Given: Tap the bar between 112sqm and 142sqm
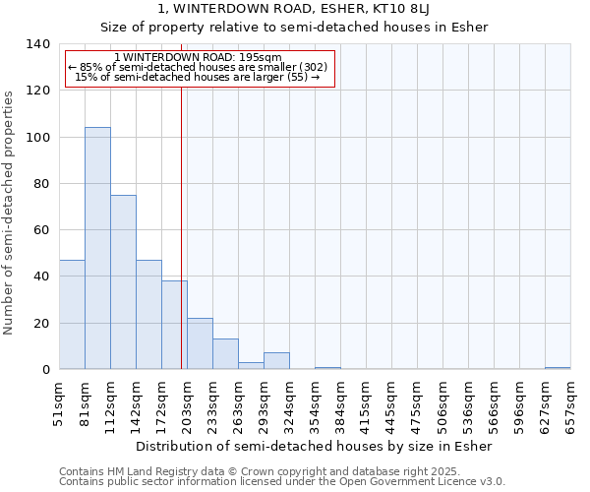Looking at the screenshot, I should tap(123, 282).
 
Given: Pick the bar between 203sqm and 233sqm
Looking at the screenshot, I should tap(200, 343).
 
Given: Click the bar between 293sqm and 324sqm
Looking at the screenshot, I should tap(276, 361).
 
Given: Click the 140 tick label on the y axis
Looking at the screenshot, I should tap(38, 44).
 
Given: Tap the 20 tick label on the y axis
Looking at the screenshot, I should tap(42, 324).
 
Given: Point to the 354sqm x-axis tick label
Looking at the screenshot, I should tap(315, 404).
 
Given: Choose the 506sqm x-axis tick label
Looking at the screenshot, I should tap(442, 404).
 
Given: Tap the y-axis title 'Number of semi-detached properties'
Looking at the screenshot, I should tap(9, 213).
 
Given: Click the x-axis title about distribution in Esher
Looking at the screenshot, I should tap(315, 446).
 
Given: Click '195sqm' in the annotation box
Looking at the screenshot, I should tap(265, 57).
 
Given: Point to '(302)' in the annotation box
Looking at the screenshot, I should tap(312, 67).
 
